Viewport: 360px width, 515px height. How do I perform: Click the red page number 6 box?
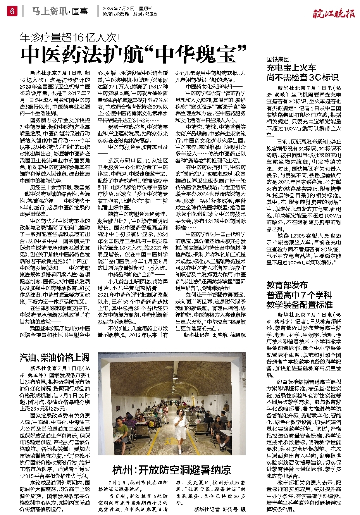(12, 12)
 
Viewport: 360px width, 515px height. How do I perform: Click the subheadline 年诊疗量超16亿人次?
(70, 38)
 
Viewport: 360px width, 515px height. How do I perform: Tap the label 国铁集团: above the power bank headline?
(279, 59)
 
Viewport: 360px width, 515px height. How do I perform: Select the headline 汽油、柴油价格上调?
(55, 357)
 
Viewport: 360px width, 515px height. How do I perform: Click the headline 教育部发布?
(287, 285)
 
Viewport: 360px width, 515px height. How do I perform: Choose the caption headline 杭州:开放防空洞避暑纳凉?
(172, 470)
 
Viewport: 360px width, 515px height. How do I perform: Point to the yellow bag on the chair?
(152, 424)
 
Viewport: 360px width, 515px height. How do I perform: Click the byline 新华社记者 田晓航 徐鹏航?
(214, 335)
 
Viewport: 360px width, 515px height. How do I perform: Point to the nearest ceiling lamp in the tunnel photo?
(175, 378)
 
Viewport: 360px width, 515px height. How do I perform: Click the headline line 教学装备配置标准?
(299, 305)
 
